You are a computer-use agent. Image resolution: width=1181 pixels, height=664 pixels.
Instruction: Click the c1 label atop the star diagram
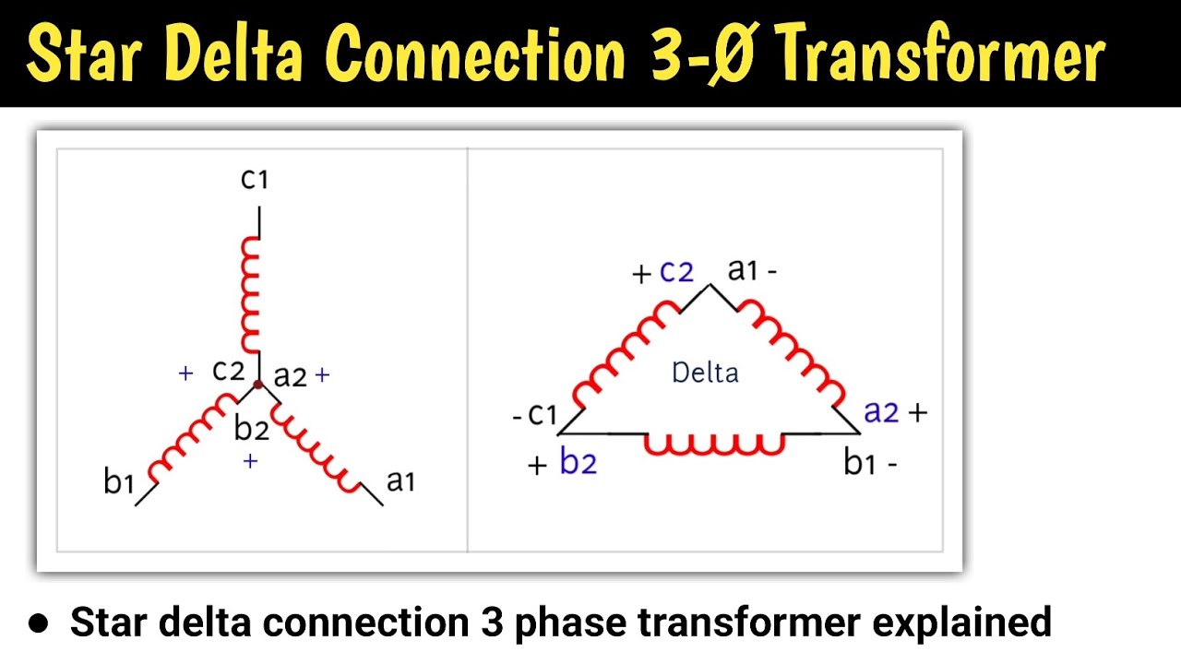[254, 178]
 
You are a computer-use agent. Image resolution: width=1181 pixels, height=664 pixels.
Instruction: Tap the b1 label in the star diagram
[119, 480]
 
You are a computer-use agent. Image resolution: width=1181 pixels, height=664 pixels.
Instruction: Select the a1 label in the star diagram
[400, 480]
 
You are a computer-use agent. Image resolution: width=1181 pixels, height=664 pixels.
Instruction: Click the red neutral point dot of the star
[258, 384]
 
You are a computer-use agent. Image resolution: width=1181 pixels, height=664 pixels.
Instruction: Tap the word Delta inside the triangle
[706, 373]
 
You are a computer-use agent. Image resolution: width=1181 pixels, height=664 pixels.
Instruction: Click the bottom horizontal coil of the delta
[713, 444]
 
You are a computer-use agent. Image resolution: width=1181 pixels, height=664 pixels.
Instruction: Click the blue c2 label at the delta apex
[676, 272]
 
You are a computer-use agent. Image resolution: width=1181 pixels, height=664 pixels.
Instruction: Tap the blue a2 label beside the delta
[880, 412]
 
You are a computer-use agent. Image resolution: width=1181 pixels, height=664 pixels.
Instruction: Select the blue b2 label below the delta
[579, 463]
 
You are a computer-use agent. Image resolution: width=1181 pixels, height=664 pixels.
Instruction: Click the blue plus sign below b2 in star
[249, 461]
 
